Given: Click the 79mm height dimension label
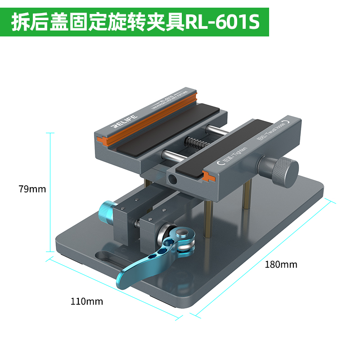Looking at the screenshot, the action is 32,189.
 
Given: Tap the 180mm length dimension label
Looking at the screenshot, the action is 281,265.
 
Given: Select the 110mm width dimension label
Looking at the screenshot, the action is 87,301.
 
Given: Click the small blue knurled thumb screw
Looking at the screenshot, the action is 107,211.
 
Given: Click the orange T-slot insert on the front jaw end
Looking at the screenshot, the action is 210,176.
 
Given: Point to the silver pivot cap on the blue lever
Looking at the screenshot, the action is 182,233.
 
